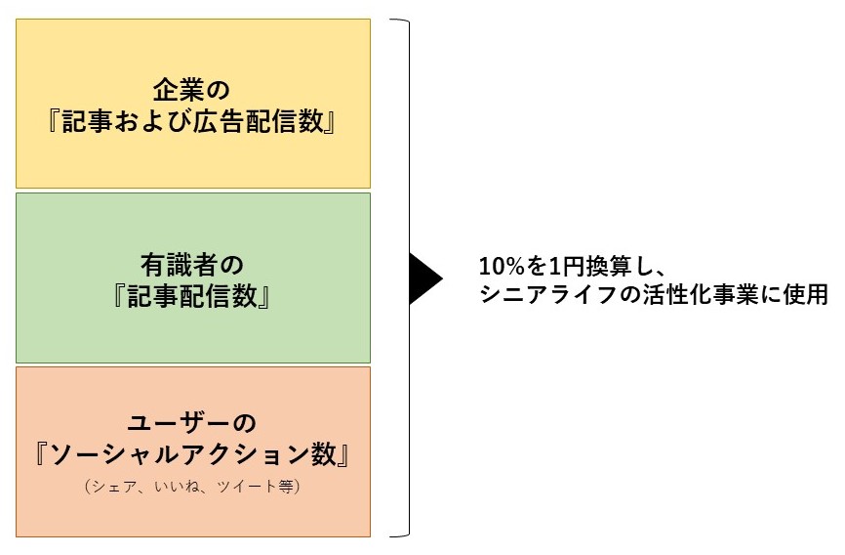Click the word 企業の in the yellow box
click(192, 90)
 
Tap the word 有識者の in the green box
click(192, 264)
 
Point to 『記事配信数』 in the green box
click(192, 298)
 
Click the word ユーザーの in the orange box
click(192, 423)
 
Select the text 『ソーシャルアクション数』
click(192, 456)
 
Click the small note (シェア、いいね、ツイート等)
click(192, 486)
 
